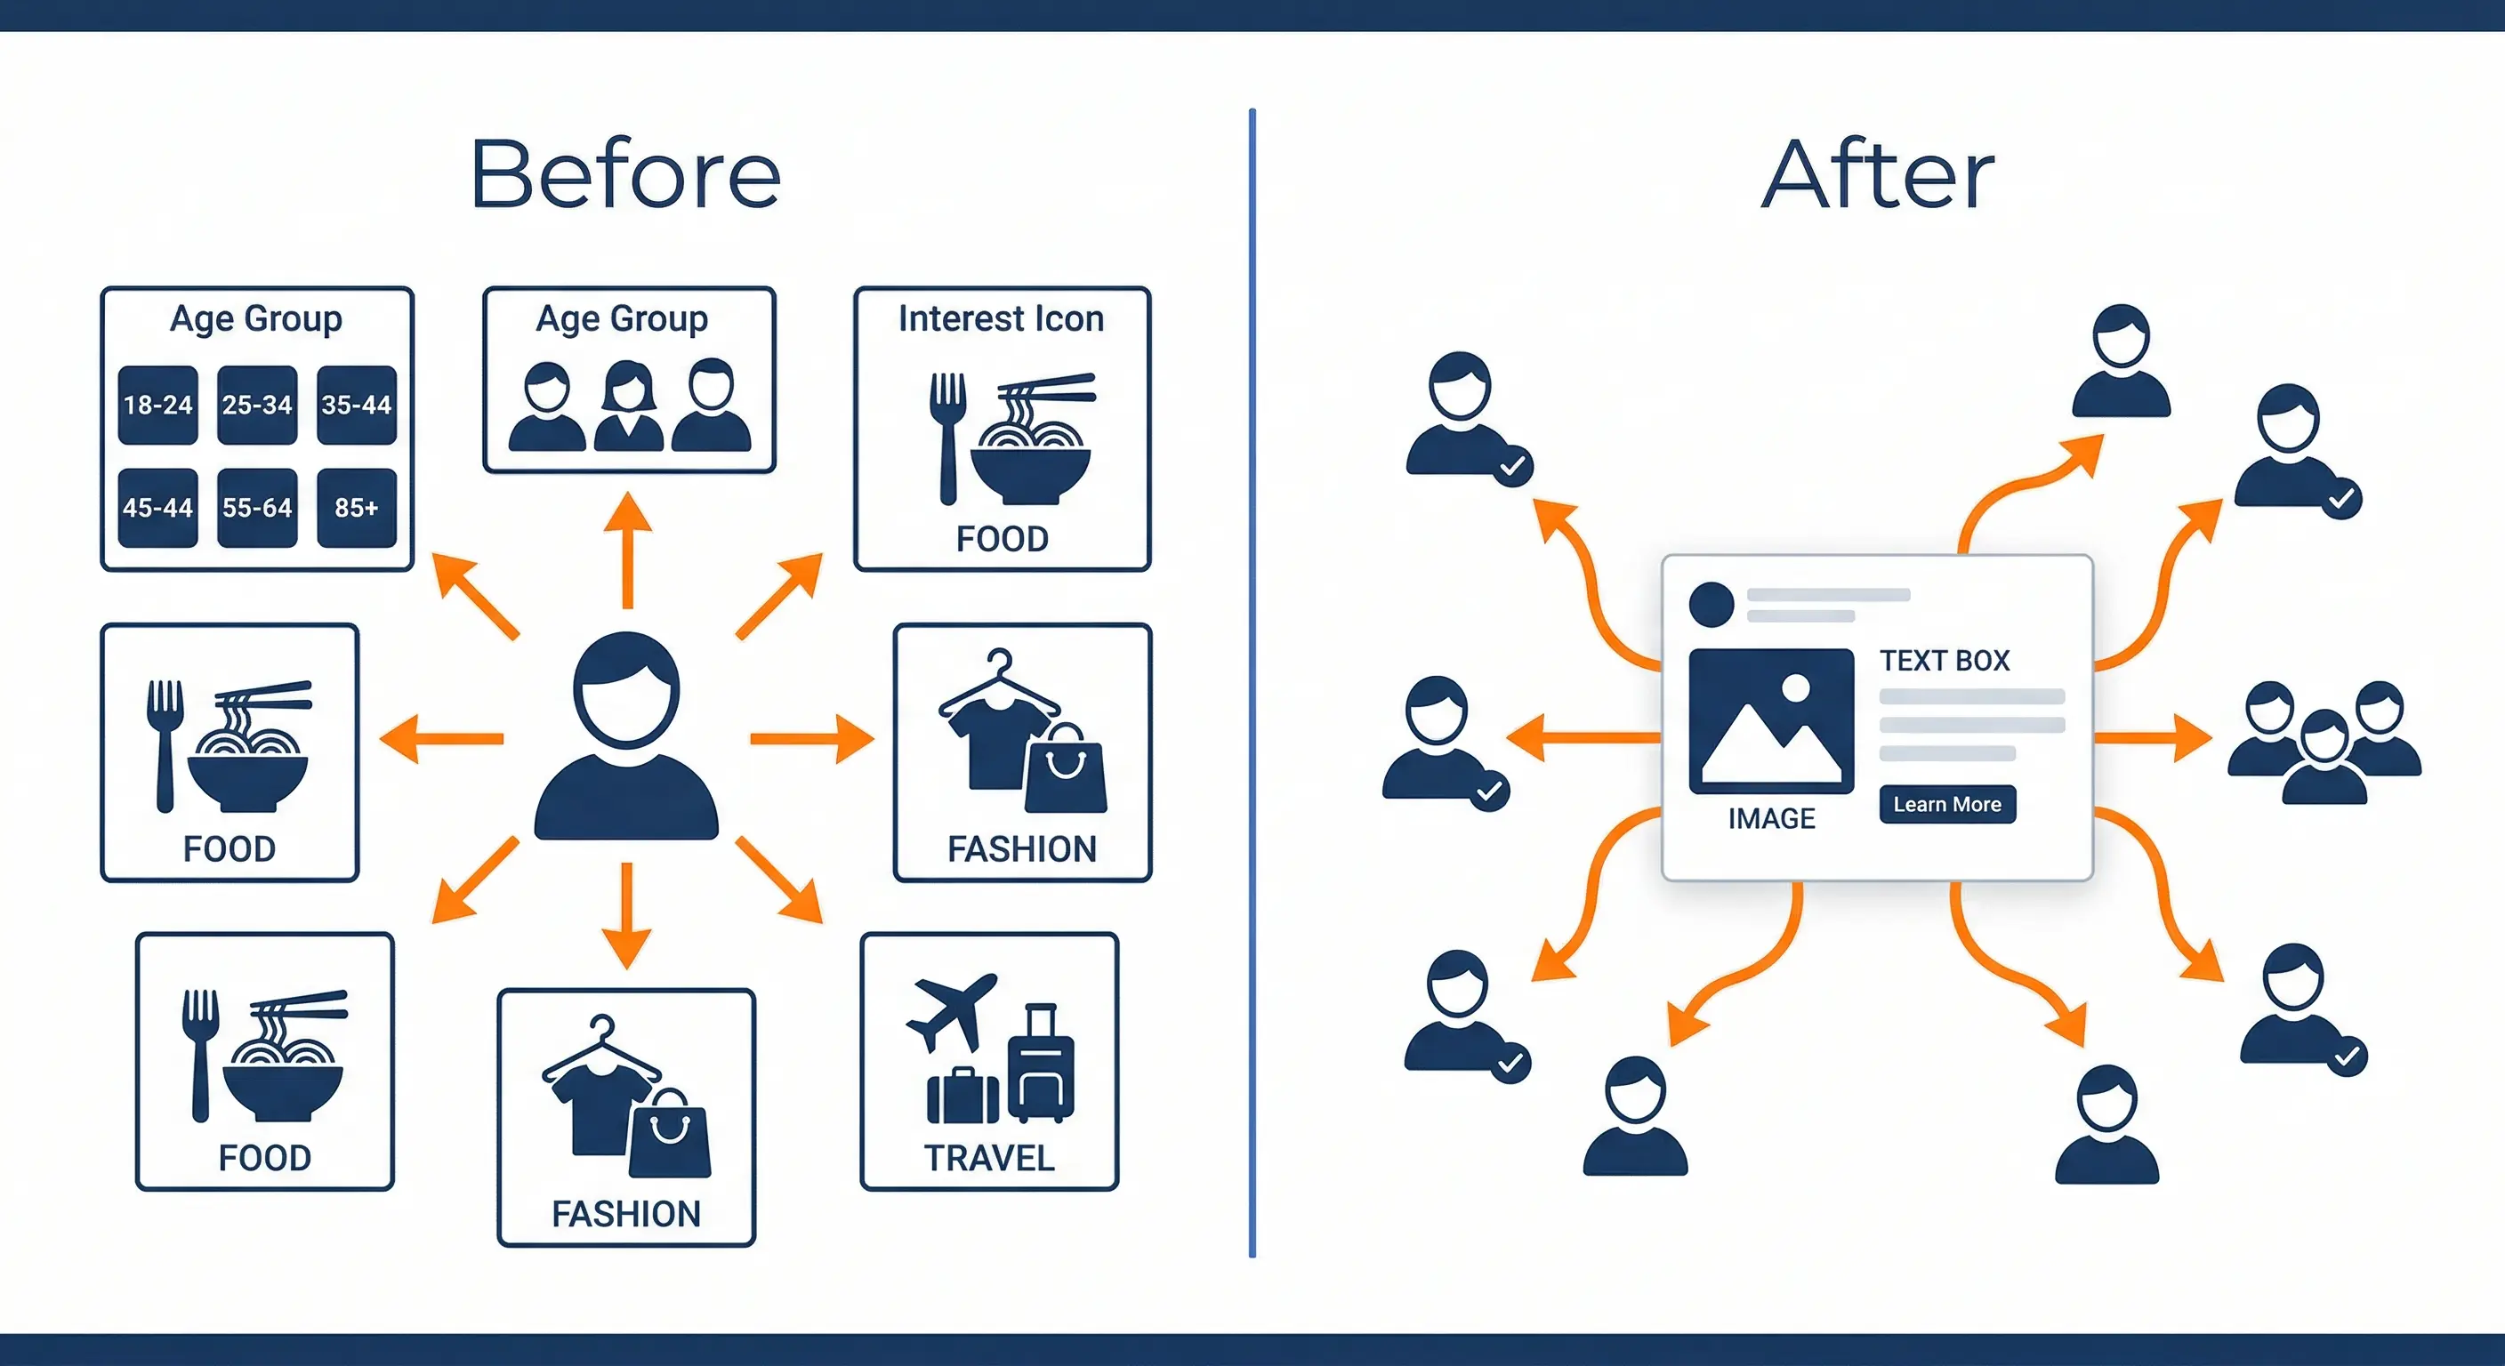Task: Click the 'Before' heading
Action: [625, 175]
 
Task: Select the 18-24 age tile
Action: [157, 405]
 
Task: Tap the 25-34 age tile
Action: [257, 405]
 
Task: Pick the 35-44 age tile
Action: [357, 405]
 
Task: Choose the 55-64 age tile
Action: [257, 508]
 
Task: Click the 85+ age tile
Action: [357, 508]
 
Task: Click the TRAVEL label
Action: [989, 1158]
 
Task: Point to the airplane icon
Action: [951, 1011]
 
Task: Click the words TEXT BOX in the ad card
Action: [1944, 661]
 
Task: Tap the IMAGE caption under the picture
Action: [1771, 819]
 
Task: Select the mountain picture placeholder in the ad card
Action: [1771, 720]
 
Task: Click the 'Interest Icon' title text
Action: [1001, 319]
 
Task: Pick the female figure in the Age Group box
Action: [628, 406]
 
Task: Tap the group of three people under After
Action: [2324, 741]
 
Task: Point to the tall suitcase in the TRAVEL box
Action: [1041, 1064]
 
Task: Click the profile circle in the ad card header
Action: [1712, 604]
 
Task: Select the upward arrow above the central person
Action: [627, 549]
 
